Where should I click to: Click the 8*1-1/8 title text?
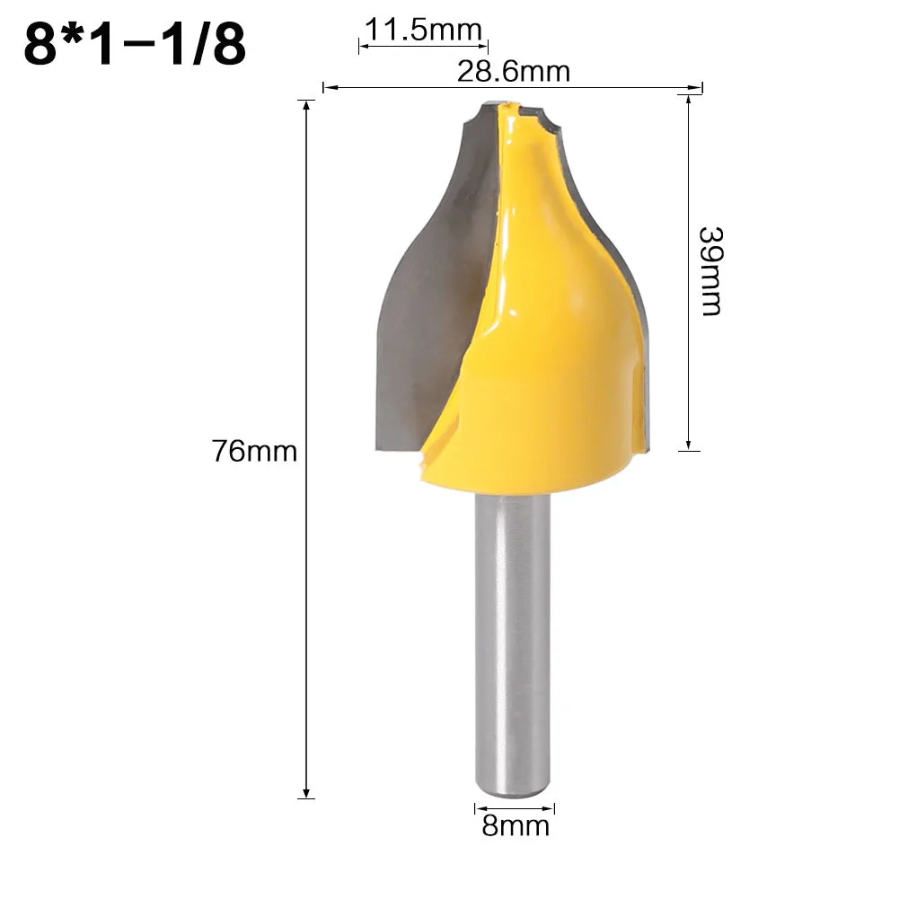135,45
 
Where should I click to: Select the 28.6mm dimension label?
513,70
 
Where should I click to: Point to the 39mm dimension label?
710,269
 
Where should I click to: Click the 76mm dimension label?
254,450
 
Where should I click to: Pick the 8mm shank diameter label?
515,824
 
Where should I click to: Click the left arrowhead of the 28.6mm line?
327,88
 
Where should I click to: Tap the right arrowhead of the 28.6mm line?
696,88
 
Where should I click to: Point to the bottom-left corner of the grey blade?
375,446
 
